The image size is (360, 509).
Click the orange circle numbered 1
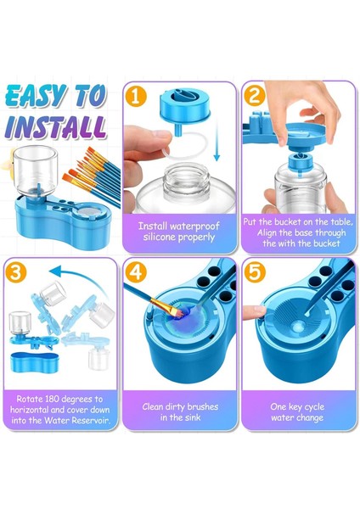[x=136, y=97]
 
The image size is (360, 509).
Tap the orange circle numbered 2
[x=254, y=96]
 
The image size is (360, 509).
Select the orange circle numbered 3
[x=15, y=273]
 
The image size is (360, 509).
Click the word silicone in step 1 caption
[x=160, y=238]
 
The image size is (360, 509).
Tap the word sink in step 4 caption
[x=194, y=417]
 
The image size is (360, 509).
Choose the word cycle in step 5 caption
[x=312, y=407]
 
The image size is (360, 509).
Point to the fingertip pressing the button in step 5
[x=253, y=312]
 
